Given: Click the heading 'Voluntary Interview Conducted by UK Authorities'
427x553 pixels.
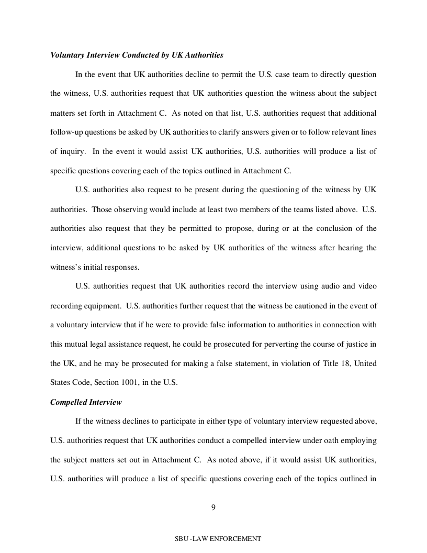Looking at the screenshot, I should (137, 55).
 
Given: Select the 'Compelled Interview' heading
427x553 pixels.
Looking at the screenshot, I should (86, 402).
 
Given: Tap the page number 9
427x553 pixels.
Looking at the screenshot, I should (213, 506).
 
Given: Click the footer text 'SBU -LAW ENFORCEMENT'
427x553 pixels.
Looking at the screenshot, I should (218, 538).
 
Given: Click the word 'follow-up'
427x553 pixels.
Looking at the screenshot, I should (66, 132).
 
